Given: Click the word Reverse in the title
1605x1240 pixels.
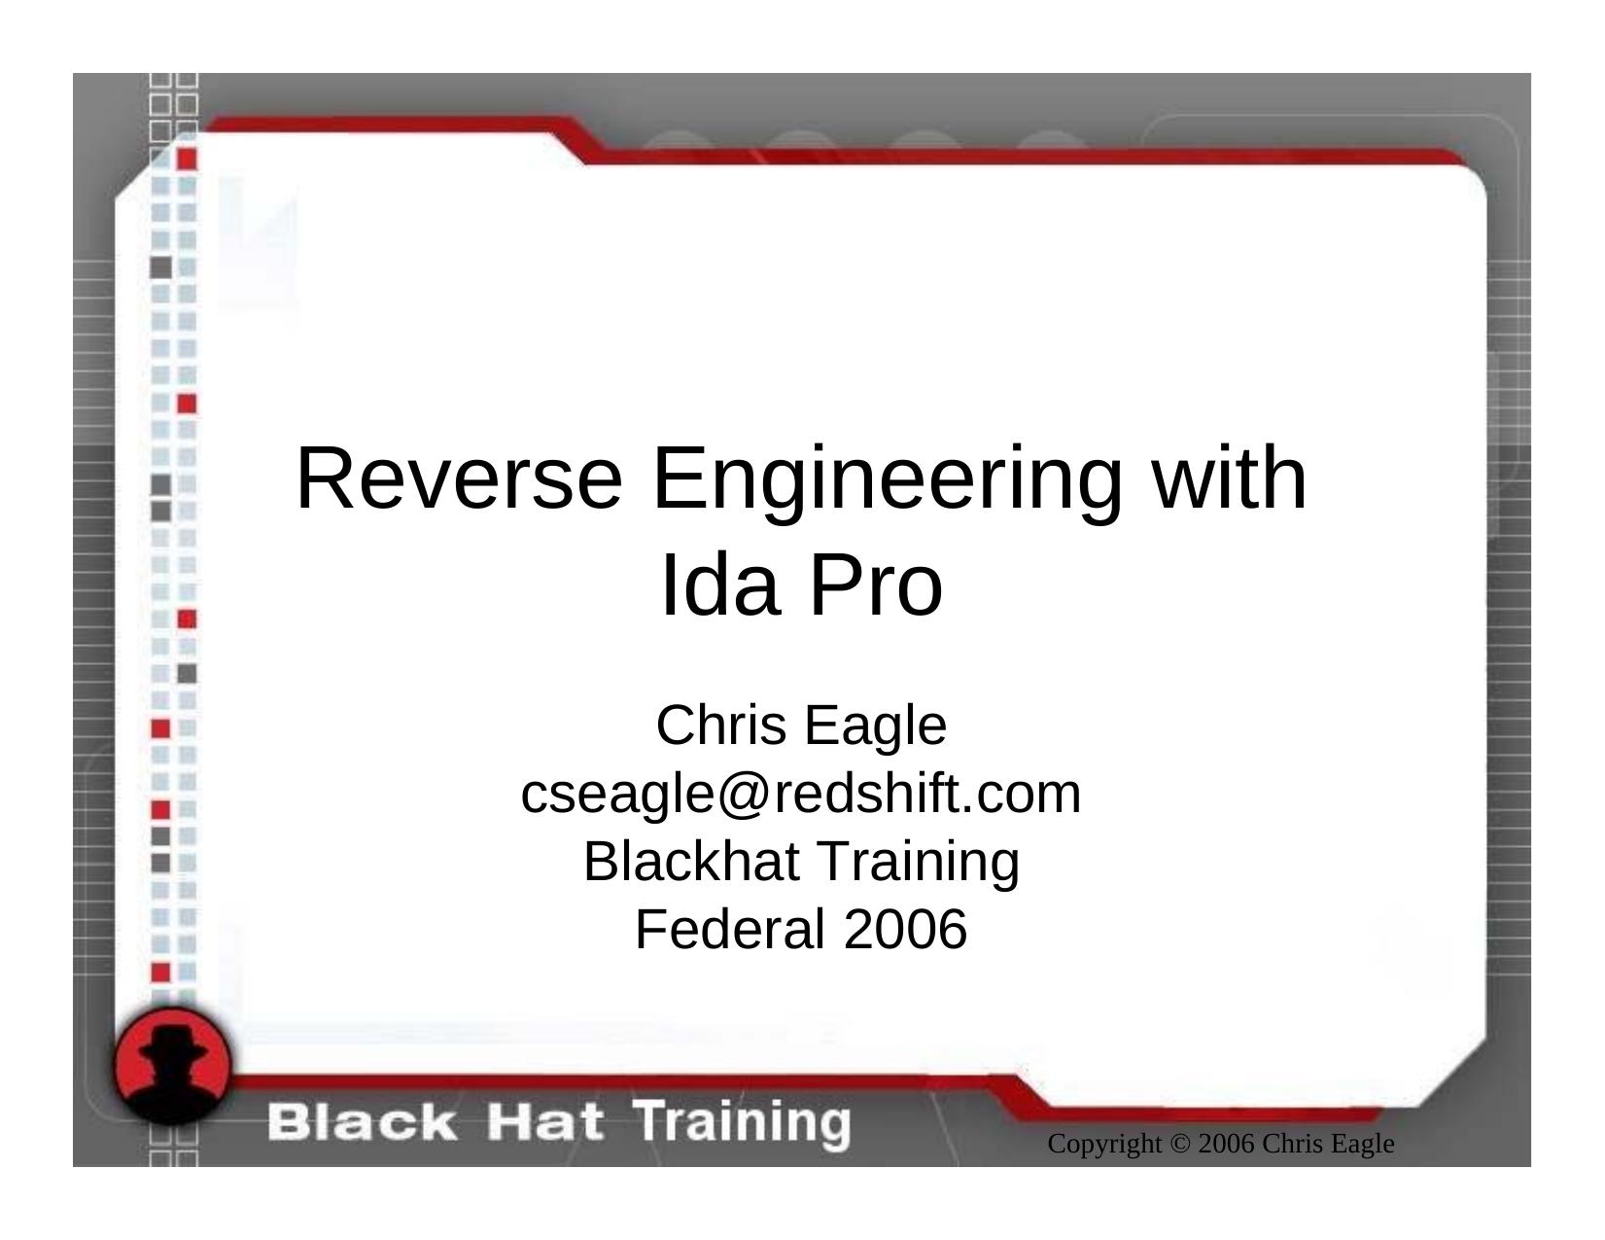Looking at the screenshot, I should pyautogui.click(x=458, y=478).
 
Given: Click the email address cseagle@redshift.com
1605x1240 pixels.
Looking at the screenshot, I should pyautogui.click(x=801, y=794).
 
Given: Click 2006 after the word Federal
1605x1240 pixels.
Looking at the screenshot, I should pyautogui.click(x=905, y=929).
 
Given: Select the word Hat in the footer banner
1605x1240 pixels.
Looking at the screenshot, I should pyautogui.click(x=545, y=1122).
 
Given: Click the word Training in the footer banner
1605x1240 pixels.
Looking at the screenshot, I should pyautogui.click(x=744, y=1122).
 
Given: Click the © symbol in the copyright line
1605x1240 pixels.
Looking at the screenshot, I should pyautogui.click(x=1180, y=1145).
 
